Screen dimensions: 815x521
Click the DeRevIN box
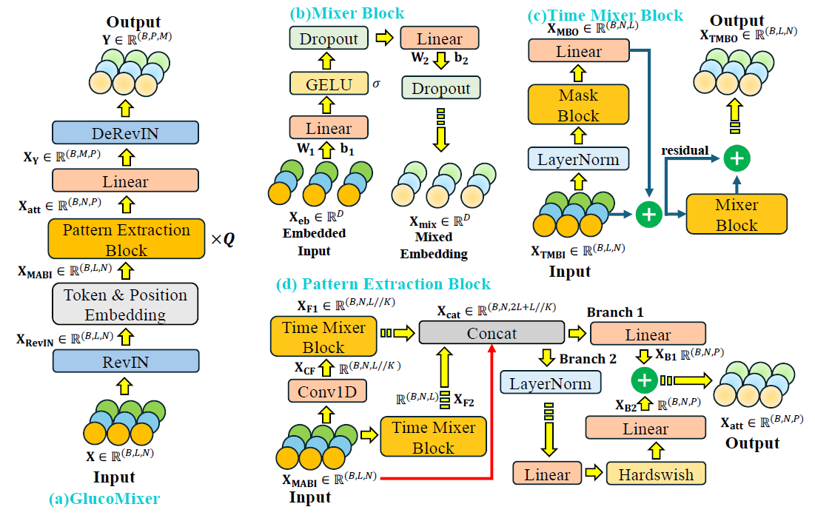125,132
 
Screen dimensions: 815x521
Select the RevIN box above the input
126,361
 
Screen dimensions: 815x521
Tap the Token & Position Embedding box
125,304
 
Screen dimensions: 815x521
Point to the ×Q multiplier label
223,239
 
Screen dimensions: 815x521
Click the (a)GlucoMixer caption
104,499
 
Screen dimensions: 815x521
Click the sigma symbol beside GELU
376,84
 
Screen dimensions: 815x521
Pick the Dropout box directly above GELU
329,38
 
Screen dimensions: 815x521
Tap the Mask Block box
579,105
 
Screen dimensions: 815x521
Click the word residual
685,150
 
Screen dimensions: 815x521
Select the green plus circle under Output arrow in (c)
737,158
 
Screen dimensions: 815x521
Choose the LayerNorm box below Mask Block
579,159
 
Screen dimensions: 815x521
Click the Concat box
492,332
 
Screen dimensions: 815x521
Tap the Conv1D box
327,391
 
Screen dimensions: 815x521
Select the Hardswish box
656,474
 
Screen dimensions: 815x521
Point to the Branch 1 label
615,312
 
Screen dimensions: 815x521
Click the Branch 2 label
588,359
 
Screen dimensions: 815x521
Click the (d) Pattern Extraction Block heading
383,284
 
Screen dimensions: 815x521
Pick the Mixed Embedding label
434,245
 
